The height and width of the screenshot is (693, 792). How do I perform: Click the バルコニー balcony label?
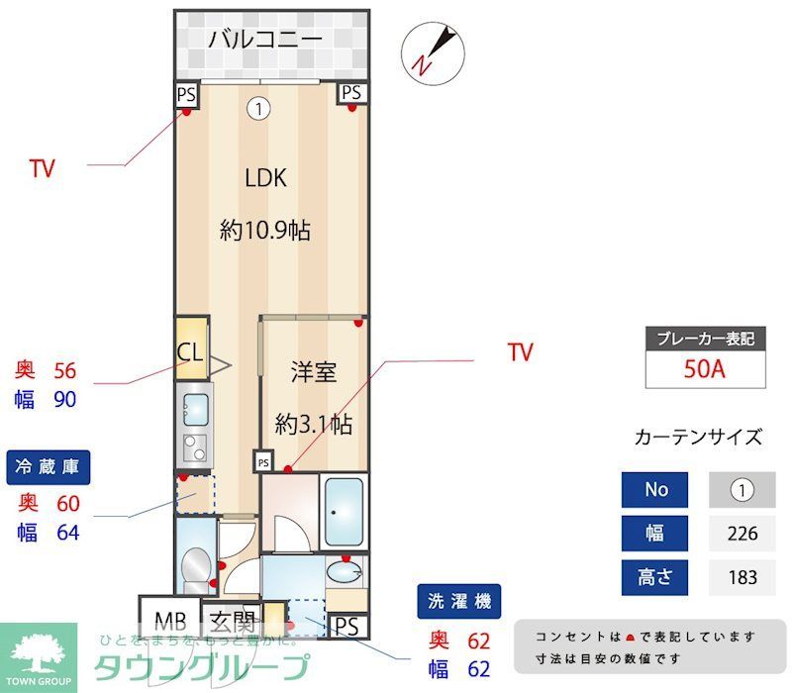pos(265,41)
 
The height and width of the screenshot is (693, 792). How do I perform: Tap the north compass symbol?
pos(432,50)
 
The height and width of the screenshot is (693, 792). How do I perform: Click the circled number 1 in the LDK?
pos(258,108)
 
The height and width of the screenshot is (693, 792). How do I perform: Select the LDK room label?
pos(265,178)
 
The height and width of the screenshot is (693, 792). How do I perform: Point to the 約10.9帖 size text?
pos(265,231)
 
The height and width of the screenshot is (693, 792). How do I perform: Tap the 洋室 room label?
pos(313,372)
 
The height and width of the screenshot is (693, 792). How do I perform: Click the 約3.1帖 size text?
pos(313,424)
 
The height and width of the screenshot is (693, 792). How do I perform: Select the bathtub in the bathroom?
pos(345,512)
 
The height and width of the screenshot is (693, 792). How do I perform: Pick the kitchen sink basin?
pos(195,406)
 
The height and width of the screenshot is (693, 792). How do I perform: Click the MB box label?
pos(169,623)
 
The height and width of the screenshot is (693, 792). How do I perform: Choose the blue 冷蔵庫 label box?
pos(49,466)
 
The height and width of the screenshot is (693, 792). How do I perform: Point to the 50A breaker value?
pos(705,369)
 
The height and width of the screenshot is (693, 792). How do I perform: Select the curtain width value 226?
pos(742,534)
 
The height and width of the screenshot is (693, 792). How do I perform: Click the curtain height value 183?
pos(742,576)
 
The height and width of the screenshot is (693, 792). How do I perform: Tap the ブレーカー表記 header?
pos(705,338)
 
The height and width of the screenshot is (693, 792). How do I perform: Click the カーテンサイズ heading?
pos(698,437)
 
